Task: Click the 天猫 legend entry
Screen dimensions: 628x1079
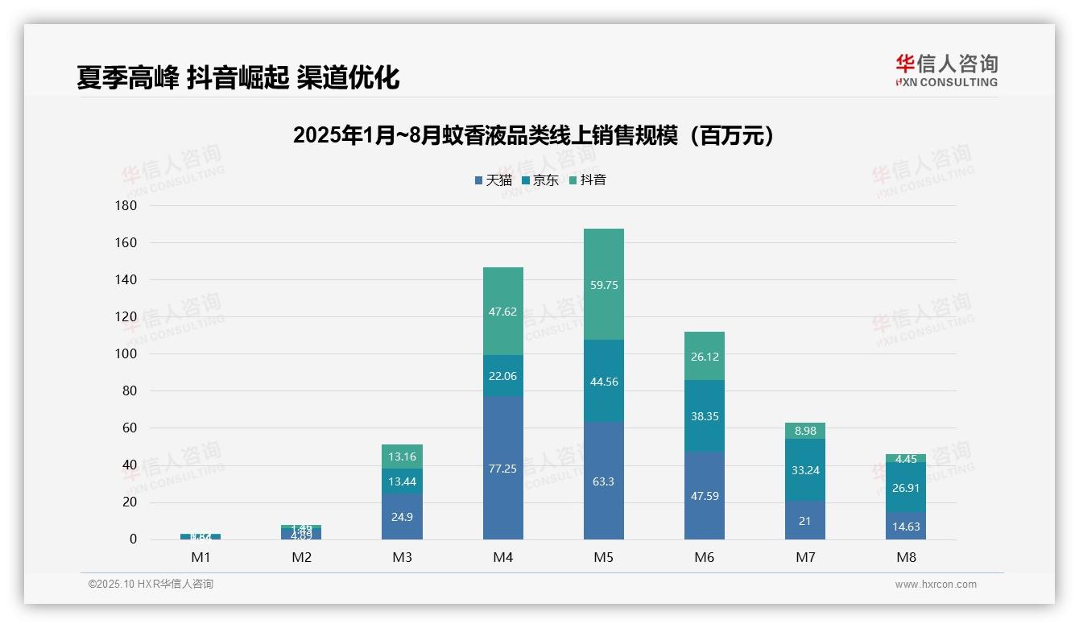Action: click(x=494, y=180)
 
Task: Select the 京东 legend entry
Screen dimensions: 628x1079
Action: click(x=540, y=180)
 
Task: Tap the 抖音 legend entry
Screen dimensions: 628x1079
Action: click(x=587, y=180)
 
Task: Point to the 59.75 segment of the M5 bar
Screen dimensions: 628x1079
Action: click(x=604, y=285)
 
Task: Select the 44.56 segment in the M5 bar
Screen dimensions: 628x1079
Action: click(x=604, y=382)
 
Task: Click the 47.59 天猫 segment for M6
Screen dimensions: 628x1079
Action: click(x=705, y=496)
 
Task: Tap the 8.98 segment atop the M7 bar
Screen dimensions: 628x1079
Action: click(x=805, y=431)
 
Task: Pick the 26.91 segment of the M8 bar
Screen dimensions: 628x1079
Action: click(x=906, y=487)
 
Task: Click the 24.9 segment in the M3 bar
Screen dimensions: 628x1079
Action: click(x=403, y=517)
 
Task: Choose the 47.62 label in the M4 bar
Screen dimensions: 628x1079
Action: click(x=503, y=312)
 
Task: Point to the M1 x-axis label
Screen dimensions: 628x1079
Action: click(x=201, y=557)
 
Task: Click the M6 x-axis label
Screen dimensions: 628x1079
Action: click(x=705, y=557)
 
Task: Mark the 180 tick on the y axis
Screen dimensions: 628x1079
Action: click(x=127, y=206)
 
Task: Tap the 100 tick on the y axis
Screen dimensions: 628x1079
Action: click(x=127, y=354)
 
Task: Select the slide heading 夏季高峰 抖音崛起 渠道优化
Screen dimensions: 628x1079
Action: click(x=238, y=77)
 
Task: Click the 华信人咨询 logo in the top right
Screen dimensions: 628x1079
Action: click(x=946, y=70)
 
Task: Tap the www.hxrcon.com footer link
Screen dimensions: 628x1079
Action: click(x=936, y=585)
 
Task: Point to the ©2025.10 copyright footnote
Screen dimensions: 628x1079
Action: click(x=151, y=585)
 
